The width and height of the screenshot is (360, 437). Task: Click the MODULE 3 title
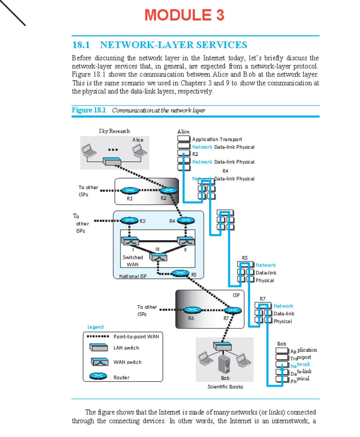(184, 15)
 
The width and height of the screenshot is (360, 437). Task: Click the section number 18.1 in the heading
(81, 45)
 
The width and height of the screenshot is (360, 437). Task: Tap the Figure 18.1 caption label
(88, 110)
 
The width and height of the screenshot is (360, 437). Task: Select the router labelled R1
(130, 190)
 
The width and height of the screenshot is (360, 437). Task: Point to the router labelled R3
(129, 220)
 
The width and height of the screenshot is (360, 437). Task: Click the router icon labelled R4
(186, 220)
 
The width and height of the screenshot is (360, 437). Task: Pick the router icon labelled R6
(192, 310)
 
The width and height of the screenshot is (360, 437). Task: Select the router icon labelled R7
(233, 310)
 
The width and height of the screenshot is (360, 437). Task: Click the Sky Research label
(114, 131)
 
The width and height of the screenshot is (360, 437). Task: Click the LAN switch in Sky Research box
(112, 161)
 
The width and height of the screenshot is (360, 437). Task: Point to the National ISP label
(133, 276)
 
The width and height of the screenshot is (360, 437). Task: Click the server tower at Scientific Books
(224, 364)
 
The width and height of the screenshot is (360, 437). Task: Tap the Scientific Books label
(225, 387)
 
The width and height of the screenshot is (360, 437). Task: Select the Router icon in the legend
(98, 376)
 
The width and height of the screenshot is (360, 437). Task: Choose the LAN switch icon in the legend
(99, 348)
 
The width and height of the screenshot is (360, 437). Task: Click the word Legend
(95, 327)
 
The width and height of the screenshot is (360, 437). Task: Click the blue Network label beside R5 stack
(265, 265)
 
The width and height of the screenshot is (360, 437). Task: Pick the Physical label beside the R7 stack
(282, 321)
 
